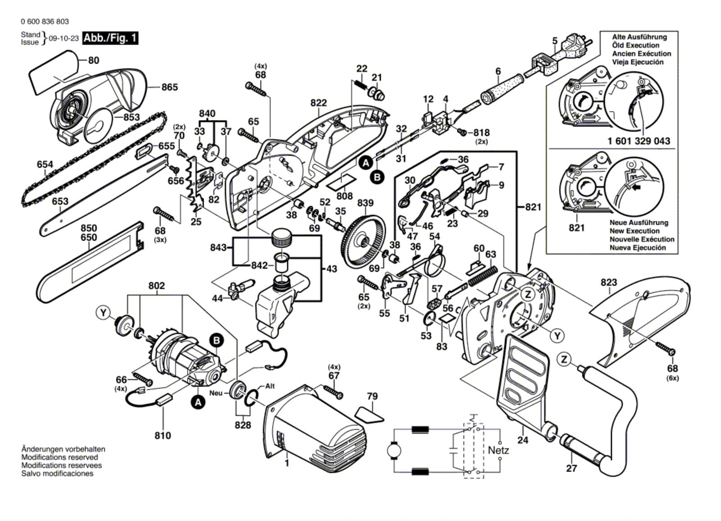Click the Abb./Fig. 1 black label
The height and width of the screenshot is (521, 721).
[110, 38]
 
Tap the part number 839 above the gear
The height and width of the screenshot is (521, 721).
[365, 203]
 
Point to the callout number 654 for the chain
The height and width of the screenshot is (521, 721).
[45, 165]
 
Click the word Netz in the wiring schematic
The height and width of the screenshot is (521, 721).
[498, 450]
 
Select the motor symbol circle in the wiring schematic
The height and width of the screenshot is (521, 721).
[395, 450]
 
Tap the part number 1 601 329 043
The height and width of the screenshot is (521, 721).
[639, 141]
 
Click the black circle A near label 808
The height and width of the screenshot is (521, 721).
[366, 163]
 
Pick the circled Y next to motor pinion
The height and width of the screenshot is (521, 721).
[104, 312]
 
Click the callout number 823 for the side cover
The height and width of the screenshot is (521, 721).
[608, 283]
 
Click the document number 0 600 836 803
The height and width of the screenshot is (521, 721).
[45, 22]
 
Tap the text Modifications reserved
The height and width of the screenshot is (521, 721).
[59, 457]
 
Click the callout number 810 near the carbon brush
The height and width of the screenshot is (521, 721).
[163, 435]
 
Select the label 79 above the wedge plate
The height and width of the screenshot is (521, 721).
[372, 397]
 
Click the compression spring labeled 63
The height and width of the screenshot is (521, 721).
[483, 275]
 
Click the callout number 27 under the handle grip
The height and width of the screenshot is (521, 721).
[571, 468]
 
